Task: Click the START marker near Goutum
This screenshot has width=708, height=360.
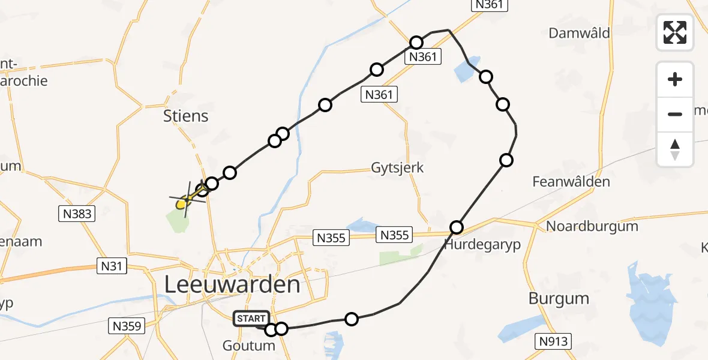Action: pyautogui.click(x=252, y=319)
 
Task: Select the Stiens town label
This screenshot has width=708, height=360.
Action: pyautogui.click(x=186, y=116)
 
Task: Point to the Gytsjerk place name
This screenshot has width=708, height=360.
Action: pyautogui.click(x=397, y=167)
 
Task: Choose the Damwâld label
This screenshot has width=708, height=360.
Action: pyautogui.click(x=579, y=33)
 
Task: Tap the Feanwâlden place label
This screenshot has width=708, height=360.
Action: pyautogui.click(x=571, y=182)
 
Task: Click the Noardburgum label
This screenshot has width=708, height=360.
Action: pyautogui.click(x=592, y=227)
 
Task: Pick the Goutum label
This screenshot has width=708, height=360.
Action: pyautogui.click(x=248, y=346)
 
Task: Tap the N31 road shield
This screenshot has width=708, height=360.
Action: pyautogui.click(x=112, y=266)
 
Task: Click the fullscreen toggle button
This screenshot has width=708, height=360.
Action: pyautogui.click(x=675, y=32)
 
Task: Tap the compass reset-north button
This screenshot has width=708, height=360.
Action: pyautogui.click(x=675, y=149)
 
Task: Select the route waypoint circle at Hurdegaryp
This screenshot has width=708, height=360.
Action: pyautogui.click(x=457, y=227)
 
